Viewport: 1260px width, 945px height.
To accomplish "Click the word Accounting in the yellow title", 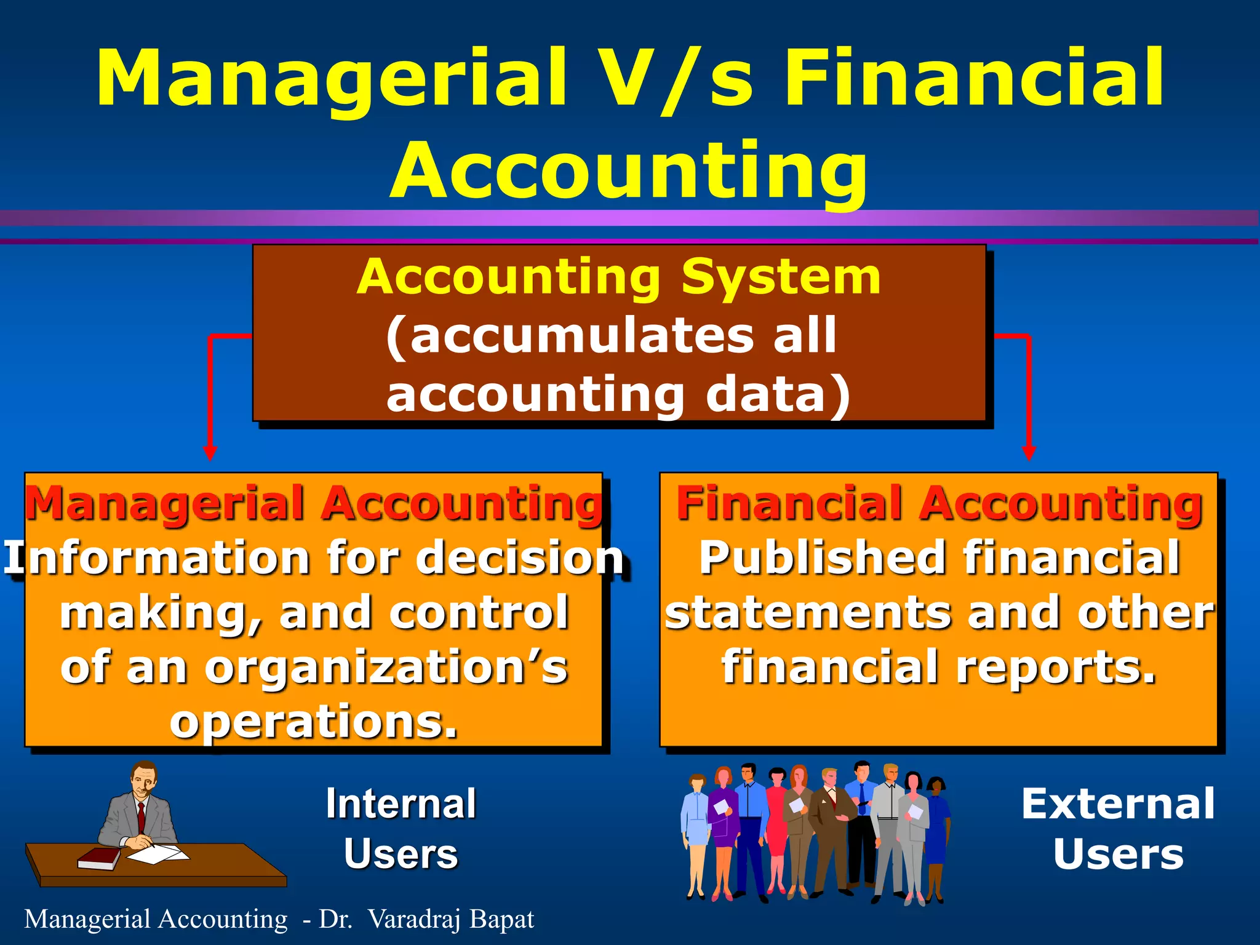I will [x=629, y=170].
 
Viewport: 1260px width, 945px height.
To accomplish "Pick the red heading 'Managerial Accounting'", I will [x=314, y=503].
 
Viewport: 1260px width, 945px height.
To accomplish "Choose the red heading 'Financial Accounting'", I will [x=939, y=503].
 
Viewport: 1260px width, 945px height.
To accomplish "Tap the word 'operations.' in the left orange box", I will [x=314, y=721].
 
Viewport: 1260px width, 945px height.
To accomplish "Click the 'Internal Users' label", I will [x=401, y=829].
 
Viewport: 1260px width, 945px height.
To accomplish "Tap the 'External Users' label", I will [x=1118, y=829].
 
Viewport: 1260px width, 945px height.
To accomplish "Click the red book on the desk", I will [x=100, y=858].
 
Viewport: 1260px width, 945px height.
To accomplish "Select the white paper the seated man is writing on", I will [x=157, y=854].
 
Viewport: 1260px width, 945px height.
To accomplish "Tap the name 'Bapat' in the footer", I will [x=501, y=919].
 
